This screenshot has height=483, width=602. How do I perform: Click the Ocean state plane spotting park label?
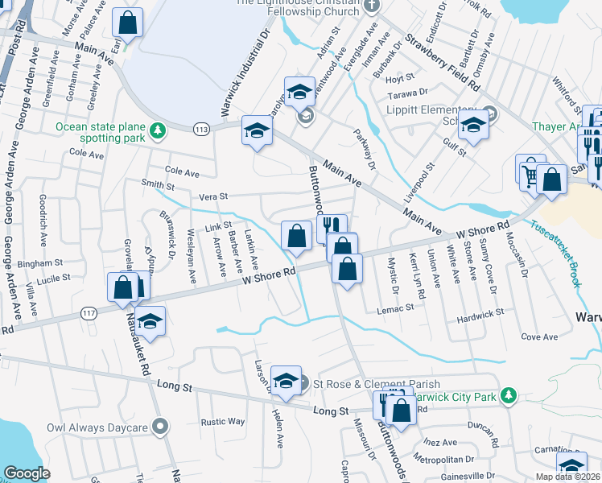(101, 133)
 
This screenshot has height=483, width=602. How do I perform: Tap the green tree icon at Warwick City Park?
(508, 394)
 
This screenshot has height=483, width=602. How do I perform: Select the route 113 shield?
(201, 129)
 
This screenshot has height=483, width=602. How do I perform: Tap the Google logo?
(27, 473)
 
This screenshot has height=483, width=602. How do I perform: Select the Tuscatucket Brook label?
(556, 246)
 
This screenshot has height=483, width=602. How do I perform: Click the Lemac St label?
(398, 307)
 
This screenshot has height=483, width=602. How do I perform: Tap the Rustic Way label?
(223, 421)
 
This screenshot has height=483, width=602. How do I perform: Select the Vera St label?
(213, 196)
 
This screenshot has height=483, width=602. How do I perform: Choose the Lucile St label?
(53, 279)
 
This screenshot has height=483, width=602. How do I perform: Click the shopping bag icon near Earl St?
(127, 23)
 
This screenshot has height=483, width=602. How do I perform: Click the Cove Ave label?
(539, 336)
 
